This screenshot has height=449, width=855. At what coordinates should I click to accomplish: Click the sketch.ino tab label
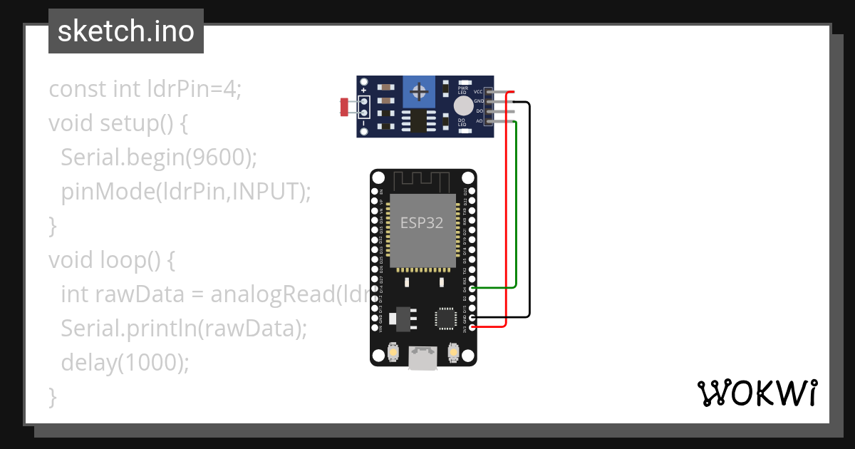(126, 31)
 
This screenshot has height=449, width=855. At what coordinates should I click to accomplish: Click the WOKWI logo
(757, 393)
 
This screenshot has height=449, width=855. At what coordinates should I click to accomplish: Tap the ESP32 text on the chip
(422, 222)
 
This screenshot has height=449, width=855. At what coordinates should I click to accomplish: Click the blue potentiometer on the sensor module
(420, 91)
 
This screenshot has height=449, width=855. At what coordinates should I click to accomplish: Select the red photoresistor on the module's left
(344, 108)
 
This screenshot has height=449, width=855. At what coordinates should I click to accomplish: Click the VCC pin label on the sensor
(478, 92)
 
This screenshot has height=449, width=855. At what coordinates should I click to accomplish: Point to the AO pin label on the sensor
(479, 121)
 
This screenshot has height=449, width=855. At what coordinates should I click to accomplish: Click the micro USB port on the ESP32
(423, 358)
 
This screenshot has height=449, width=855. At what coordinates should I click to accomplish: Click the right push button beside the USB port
(453, 352)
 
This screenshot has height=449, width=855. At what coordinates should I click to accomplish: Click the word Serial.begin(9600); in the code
(158, 157)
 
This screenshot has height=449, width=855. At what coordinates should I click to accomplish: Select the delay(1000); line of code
(125, 362)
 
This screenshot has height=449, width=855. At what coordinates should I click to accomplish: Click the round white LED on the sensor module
(462, 106)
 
